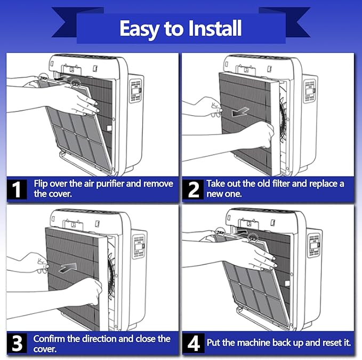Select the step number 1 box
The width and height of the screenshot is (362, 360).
click(17, 189)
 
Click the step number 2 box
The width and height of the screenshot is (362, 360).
click(194, 189)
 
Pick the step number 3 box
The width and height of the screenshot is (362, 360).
click(17, 343)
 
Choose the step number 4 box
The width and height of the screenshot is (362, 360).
click(194, 343)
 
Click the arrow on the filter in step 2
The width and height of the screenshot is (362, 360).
click(240, 112)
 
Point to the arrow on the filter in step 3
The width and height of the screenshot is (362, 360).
click(68, 267)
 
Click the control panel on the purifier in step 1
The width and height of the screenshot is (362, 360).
click(136, 91)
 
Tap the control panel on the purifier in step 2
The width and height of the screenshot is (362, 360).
click(310, 91)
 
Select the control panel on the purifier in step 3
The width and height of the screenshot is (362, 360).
click(139, 246)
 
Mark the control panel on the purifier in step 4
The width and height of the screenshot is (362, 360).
click(315, 245)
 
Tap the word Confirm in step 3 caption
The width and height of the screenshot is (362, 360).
click(49, 339)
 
